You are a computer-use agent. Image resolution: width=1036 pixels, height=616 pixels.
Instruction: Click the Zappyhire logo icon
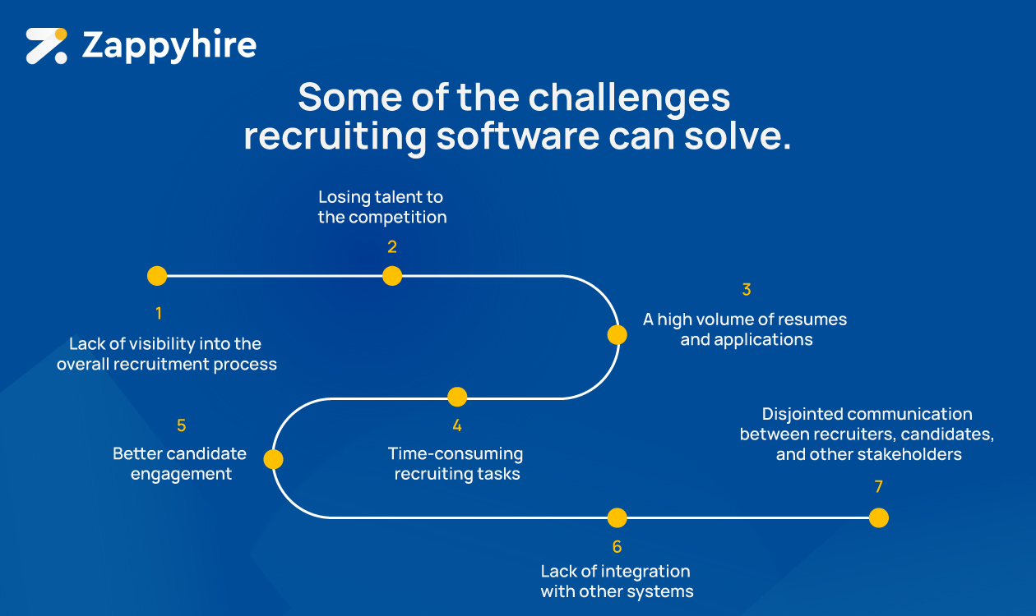pyautogui.click(x=46, y=46)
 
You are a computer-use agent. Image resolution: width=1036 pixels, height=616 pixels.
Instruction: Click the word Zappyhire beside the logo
pyautogui.click(x=169, y=46)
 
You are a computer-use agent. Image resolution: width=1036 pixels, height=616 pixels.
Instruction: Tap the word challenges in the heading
pyautogui.click(x=629, y=98)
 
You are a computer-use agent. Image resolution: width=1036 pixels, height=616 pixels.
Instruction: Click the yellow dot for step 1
pyautogui.click(x=157, y=276)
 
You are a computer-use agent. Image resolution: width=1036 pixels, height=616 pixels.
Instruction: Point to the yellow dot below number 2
pyautogui.click(x=392, y=276)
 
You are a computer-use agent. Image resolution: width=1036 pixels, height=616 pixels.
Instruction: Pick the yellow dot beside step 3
pyautogui.click(x=617, y=335)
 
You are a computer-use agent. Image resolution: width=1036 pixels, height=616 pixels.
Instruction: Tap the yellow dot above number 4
pyautogui.click(x=457, y=397)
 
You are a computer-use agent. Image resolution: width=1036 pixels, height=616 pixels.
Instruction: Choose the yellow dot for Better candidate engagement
pyautogui.click(x=273, y=459)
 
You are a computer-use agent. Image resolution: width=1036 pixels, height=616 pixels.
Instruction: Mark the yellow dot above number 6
pyautogui.click(x=617, y=517)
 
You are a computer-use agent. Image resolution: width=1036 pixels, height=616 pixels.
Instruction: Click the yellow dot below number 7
pyautogui.click(x=878, y=517)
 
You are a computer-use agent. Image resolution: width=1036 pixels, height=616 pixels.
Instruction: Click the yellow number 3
pyautogui.click(x=747, y=290)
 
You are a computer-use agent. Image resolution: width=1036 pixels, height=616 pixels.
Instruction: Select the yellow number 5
pyautogui.click(x=182, y=425)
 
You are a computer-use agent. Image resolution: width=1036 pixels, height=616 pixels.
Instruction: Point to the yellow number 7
pyautogui.click(x=878, y=487)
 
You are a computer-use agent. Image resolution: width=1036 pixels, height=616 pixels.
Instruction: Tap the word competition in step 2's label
pyautogui.click(x=398, y=218)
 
